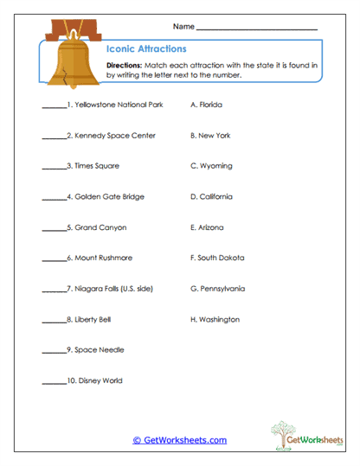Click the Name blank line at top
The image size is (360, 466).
pyautogui.click(x=257, y=30)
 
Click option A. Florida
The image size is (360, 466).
pyautogui.click(x=206, y=105)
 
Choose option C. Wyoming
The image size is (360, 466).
pyautogui.click(x=211, y=166)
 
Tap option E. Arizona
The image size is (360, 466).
pyautogui.click(x=207, y=227)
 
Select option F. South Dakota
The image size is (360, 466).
pyautogui.click(x=217, y=259)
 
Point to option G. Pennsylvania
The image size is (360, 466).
pyautogui.click(x=217, y=289)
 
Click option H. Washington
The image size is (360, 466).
pyautogui.click(x=215, y=320)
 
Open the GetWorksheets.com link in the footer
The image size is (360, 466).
pyautogui.click(x=179, y=440)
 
